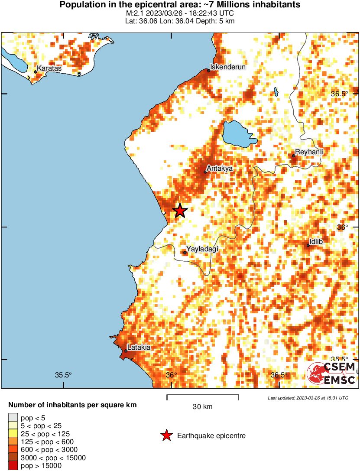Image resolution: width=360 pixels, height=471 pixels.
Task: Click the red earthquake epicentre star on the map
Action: [180, 211]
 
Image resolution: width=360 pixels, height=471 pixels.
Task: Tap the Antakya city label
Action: [220, 168]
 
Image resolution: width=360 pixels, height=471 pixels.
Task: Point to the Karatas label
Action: [49, 68]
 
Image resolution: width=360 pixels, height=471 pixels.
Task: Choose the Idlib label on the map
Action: [316, 241]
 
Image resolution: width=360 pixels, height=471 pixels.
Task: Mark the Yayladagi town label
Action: [202, 249]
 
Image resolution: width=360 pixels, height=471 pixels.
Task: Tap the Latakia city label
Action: [139, 347]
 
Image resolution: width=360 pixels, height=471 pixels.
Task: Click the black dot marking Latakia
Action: [126, 351]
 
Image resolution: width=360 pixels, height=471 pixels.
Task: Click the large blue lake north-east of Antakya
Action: [237, 134]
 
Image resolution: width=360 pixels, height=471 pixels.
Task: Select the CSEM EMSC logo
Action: [332, 373]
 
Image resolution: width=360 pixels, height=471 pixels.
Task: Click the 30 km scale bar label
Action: [202, 406]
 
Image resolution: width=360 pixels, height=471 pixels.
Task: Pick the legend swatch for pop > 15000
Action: [13, 466]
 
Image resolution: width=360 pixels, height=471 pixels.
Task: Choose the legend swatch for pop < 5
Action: [13, 417]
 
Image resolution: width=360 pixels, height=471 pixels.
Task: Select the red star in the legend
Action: [166, 435]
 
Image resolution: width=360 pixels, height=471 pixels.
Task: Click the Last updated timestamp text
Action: [308, 398]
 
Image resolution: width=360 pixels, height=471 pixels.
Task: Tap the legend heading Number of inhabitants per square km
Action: [73, 406]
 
